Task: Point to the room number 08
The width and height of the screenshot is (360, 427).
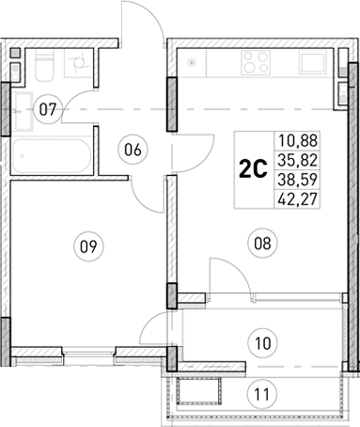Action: click(261, 243)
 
